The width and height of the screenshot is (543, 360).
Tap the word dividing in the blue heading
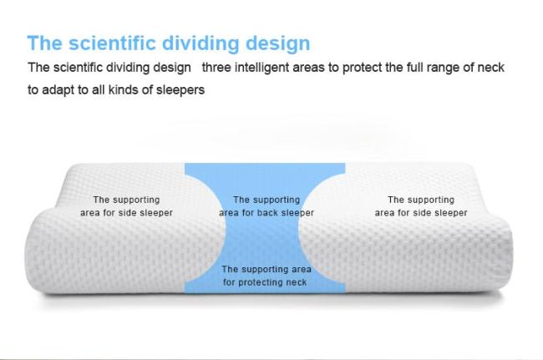200,43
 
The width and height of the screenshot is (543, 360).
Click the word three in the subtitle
216,67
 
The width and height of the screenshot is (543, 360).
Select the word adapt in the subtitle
58,90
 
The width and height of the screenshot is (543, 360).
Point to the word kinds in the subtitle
124,89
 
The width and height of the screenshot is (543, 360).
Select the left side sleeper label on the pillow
126,206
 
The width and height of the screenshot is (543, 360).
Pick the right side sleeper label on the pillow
421,206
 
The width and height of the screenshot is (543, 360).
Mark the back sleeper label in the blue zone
266,206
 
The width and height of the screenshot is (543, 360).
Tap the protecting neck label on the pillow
266,276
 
